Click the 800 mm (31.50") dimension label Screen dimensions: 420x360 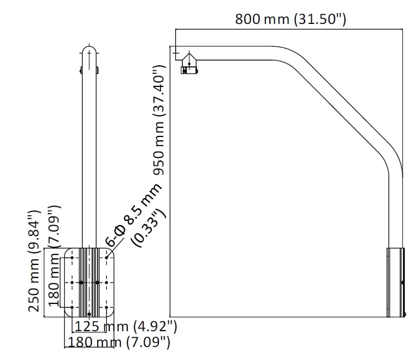[x=291, y=19]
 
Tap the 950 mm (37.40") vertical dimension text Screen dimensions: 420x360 [x=159, y=120]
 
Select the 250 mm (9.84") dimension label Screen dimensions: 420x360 [x=35, y=261]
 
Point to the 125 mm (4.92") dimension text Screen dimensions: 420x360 [x=125, y=326]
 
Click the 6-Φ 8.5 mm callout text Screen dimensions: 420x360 [x=134, y=214]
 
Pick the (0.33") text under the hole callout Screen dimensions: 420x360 [x=149, y=228]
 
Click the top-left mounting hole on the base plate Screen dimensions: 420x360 [x=72, y=258]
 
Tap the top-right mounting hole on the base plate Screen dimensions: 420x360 [x=106, y=258]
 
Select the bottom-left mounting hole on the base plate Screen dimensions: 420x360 [x=72, y=307]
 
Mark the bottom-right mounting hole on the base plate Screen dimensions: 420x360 [x=106, y=307]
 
